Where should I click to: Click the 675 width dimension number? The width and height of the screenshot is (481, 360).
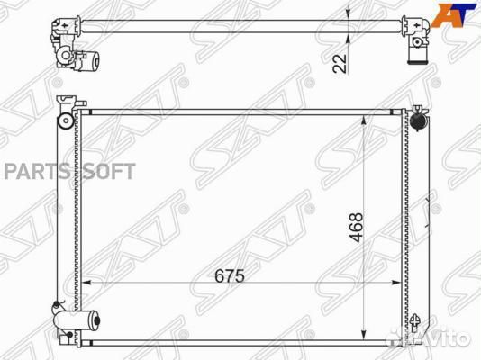pyautogui.click(x=230, y=275)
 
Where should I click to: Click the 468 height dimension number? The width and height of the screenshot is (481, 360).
pyautogui.click(x=357, y=227)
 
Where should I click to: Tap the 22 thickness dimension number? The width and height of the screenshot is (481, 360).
pyautogui.click(x=340, y=63)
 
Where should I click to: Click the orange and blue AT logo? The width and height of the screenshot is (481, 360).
pyautogui.click(x=454, y=14)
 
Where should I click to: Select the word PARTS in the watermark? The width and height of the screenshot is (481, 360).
pyautogui.click(x=36, y=171)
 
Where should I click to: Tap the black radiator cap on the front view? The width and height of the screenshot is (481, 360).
pyautogui.click(x=419, y=121)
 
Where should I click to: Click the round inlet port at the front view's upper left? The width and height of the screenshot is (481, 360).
pyautogui.click(x=66, y=121)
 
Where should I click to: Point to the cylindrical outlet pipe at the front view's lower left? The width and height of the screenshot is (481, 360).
pyautogui.click(x=77, y=320)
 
